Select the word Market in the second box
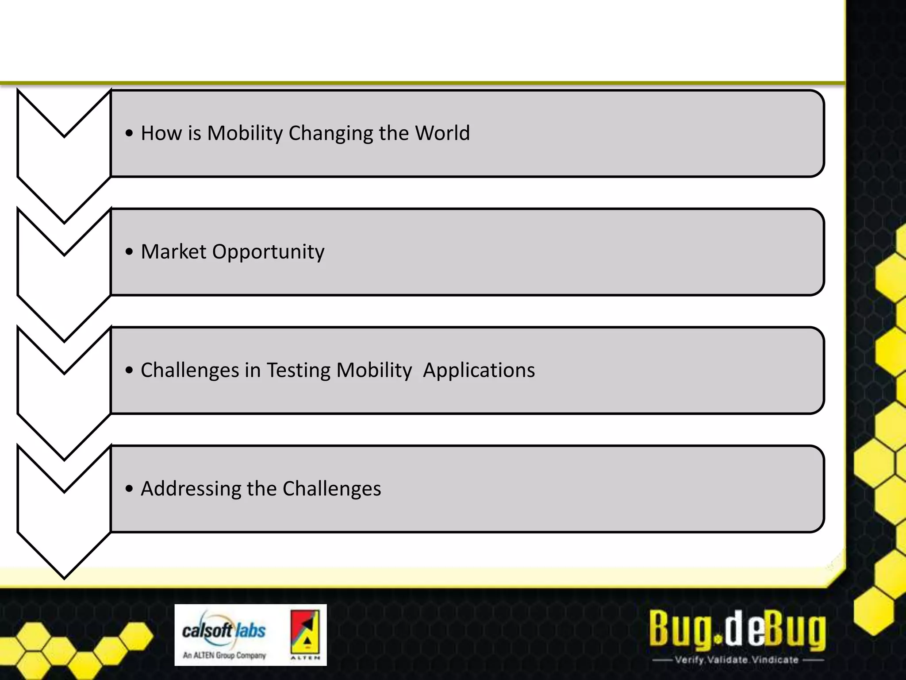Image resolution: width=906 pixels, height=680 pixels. point(173,251)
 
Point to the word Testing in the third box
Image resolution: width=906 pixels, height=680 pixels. point(298,371)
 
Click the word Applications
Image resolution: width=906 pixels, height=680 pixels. point(479,371)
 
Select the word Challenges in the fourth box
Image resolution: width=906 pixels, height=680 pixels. point(332,489)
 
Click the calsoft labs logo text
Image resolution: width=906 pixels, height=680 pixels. point(224,630)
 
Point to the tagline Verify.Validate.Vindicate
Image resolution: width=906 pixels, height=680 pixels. point(737,660)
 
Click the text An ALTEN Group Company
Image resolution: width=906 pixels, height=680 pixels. point(224,655)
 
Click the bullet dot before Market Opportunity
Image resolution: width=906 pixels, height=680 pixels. point(129,252)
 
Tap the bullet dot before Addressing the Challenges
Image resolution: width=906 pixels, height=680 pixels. point(129,489)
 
